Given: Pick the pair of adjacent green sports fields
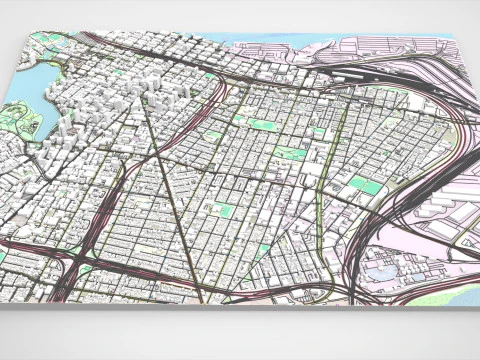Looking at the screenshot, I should point(363,186).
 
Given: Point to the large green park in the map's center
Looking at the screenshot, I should point(291,153).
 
